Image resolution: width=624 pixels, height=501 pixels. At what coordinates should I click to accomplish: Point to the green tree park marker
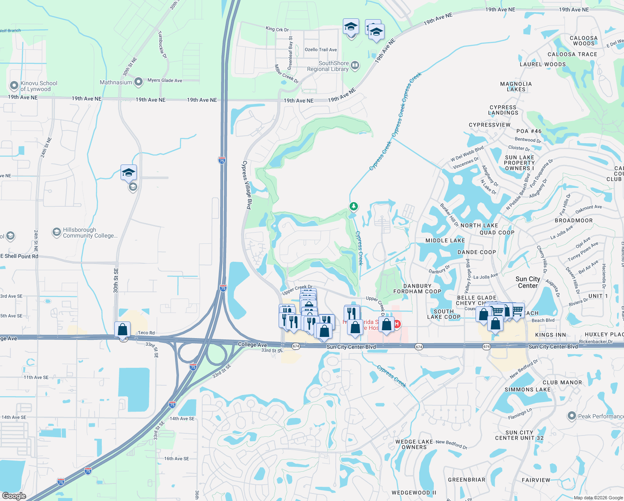point(354,206)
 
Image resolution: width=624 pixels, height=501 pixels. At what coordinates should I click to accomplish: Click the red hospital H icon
point(397,324)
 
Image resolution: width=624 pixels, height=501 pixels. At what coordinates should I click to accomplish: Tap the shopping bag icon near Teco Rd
point(123,329)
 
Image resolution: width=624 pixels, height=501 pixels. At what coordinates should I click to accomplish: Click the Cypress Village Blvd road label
point(247,185)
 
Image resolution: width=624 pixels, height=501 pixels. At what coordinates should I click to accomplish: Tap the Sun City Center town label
point(528,282)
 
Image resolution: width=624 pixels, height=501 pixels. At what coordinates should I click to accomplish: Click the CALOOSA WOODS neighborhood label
point(584,40)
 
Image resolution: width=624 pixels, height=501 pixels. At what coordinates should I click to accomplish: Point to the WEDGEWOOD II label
point(413,493)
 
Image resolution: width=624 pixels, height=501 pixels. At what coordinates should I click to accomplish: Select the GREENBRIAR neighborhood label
point(466,480)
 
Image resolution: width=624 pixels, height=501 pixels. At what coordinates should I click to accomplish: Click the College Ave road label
point(252,344)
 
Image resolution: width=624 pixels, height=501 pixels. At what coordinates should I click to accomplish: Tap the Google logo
point(14,496)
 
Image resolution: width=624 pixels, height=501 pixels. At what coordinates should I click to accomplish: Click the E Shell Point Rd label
point(19,256)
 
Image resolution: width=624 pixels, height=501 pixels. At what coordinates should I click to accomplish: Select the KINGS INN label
point(550,335)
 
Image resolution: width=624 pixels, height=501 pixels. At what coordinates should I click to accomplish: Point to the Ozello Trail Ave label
point(320,50)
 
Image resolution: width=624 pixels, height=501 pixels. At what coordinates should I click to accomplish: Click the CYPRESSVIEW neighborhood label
point(489,125)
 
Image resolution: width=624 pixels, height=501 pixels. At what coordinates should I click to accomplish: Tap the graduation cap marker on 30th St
point(128,172)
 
